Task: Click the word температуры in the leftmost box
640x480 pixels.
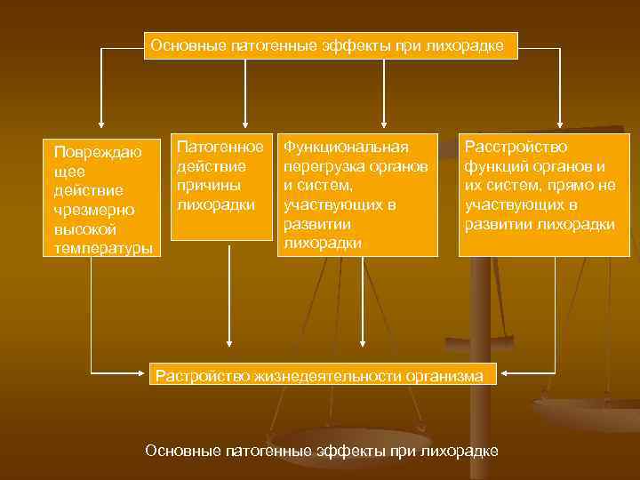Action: point(102,248)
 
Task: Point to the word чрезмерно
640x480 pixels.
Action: point(93,210)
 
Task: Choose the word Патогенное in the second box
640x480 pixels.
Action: point(220,147)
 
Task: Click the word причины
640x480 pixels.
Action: point(209,186)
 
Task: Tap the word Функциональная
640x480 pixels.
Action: point(346,147)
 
